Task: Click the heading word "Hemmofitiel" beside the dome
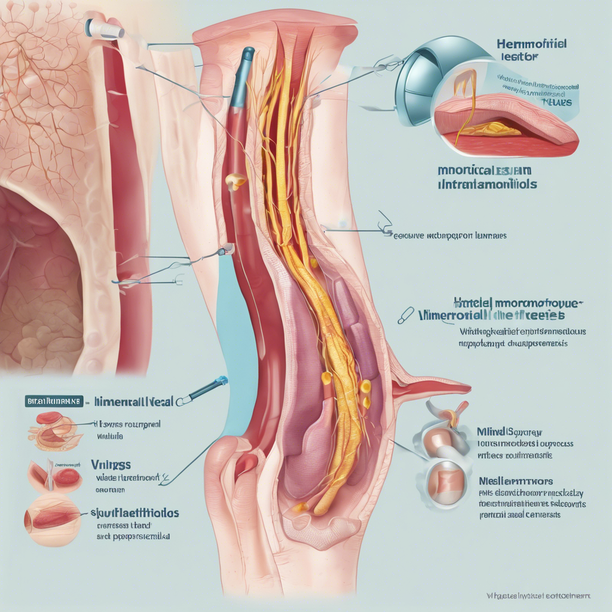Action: point(531,44)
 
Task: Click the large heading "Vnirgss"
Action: point(112,464)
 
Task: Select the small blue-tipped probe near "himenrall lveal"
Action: point(206,389)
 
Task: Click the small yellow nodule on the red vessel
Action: point(237,179)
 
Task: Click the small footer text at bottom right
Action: point(538,596)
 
